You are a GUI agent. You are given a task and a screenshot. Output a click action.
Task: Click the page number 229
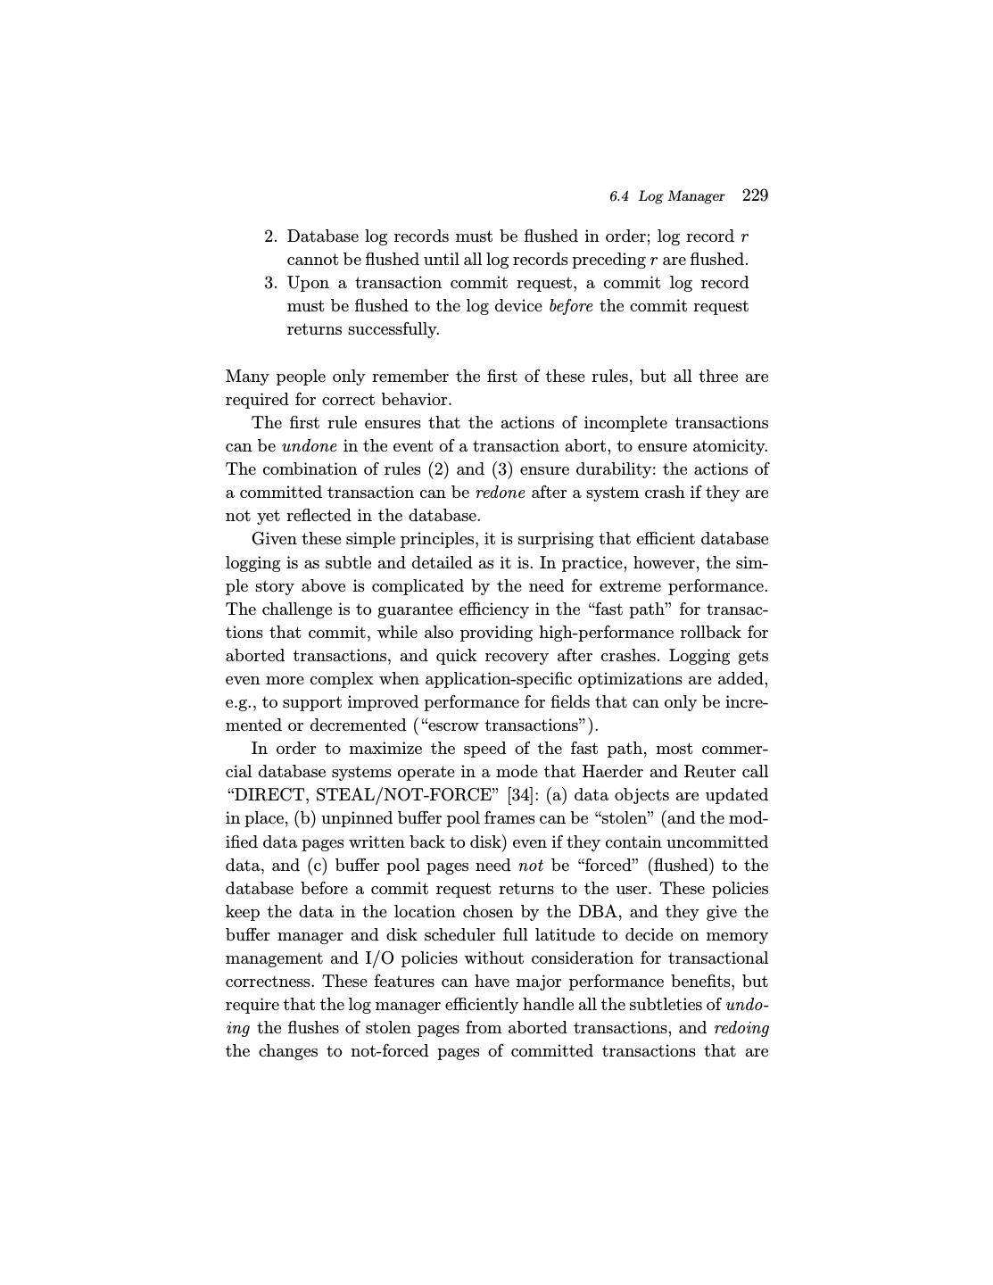coord(755,195)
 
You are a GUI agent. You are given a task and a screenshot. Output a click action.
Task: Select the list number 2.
coord(270,236)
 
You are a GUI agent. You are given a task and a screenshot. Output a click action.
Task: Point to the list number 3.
coord(270,283)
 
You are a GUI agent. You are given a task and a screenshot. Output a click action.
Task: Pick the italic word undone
coord(309,446)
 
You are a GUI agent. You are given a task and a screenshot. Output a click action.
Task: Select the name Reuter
coord(711,772)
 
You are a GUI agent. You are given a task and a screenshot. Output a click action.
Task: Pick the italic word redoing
coord(741,1028)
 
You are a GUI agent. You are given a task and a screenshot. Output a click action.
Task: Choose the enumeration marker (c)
coord(319,866)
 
